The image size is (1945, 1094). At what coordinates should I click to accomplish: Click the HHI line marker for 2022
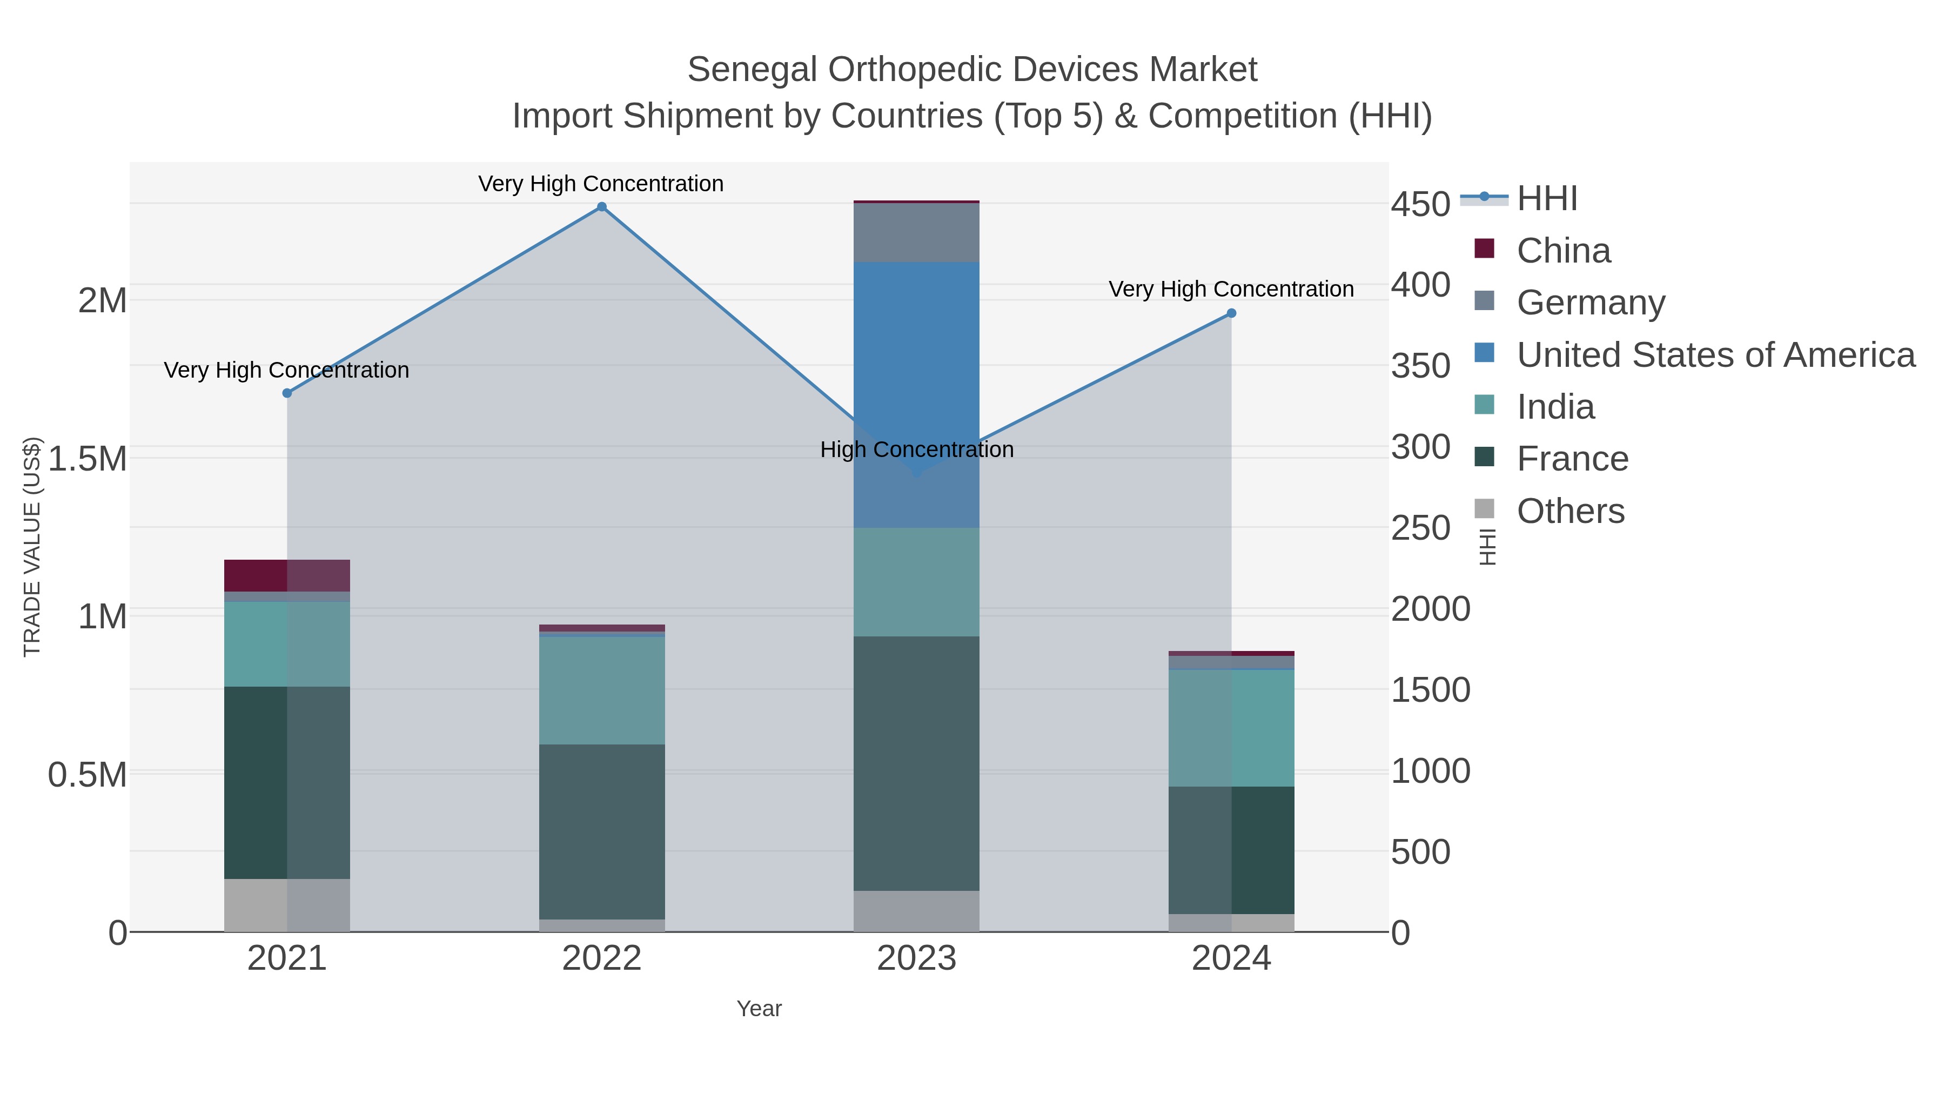coord(602,207)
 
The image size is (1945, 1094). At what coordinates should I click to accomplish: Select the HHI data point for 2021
coord(287,393)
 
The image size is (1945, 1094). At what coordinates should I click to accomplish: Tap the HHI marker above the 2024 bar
coord(1231,313)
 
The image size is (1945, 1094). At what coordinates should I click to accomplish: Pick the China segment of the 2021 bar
coord(287,575)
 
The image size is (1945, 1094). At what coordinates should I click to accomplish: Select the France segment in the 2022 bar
coord(602,830)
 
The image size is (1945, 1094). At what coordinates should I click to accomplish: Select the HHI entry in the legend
coord(1546,199)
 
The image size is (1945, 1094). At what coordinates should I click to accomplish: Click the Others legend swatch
coord(1485,509)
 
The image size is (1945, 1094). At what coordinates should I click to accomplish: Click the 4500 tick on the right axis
coord(1420,205)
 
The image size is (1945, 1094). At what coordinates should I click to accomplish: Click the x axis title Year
coord(759,1009)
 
